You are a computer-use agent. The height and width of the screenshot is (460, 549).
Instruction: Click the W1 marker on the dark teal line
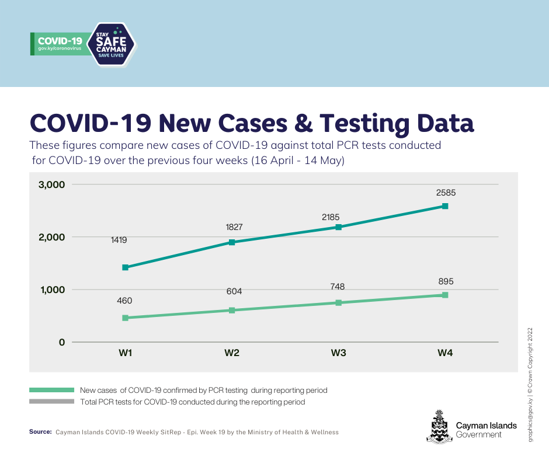coord(125,267)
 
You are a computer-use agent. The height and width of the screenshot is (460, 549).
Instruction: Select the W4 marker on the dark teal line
coord(445,206)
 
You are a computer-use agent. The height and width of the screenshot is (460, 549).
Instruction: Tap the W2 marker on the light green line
coord(232,310)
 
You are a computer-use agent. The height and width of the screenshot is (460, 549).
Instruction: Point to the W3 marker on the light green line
coord(339,302)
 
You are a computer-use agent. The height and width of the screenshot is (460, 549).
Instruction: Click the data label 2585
coord(445,192)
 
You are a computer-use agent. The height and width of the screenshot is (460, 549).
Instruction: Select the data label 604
coord(234,291)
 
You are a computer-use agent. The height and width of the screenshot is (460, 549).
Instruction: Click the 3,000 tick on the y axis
coord(52,184)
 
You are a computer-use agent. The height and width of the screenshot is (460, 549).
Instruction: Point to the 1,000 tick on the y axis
coord(52,290)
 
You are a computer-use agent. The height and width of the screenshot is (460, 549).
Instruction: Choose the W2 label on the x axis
coord(232,353)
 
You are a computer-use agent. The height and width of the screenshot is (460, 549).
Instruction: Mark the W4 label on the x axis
coord(446,353)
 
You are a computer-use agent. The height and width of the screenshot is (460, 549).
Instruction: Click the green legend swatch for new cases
coord(52,389)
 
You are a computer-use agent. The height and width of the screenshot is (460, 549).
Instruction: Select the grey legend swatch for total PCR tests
coord(52,402)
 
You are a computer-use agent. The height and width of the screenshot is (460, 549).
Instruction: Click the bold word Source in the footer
coord(40,432)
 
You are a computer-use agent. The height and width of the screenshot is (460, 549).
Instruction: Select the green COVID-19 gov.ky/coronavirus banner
coord(60,44)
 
